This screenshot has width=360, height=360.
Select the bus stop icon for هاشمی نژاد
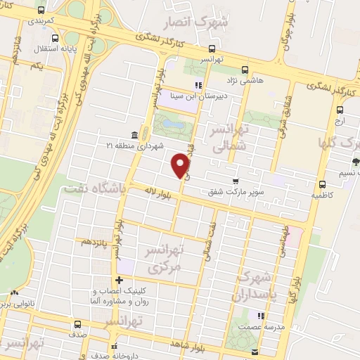click(x=244, y=70)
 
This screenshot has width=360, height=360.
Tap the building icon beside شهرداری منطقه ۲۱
click(x=134, y=135)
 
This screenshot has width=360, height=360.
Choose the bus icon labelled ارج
click(x=340, y=110)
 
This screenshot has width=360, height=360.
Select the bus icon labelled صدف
click(x=76, y=326)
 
